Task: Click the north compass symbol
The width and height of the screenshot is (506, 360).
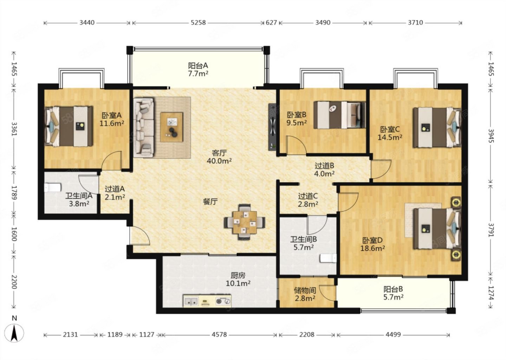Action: (x=14, y=333)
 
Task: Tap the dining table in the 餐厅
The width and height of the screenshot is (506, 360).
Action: (x=245, y=222)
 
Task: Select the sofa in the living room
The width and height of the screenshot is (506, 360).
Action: (x=144, y=127)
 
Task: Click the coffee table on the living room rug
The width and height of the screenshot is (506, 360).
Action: (x=171, y=127)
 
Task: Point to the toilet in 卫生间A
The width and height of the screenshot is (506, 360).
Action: (x=53, y=188)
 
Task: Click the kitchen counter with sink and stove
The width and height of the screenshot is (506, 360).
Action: (x=207, y=301)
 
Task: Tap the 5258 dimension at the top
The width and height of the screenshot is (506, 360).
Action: (x=198, y=22)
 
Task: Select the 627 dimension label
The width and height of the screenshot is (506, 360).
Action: (x=271, y=22)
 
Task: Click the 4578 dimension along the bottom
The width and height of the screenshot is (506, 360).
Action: (x=219, y=334)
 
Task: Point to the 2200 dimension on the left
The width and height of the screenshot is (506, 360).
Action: (x=14, y=282)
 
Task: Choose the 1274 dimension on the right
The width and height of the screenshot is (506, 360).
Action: (x=491, y=293)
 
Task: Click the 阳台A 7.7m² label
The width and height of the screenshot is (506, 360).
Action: (x=198, y=69)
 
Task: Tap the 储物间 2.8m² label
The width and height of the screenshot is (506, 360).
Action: (x=305, y=294)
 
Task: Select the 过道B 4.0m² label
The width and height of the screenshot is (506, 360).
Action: (x=324, y=169)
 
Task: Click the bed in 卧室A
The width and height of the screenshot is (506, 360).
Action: (x=69, y=127)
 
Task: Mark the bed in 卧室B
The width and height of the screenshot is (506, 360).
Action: (x=340, y=115)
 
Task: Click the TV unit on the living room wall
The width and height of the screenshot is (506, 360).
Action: (x=272, y=127)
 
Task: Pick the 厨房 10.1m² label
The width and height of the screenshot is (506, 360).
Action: (x=238, y=279)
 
